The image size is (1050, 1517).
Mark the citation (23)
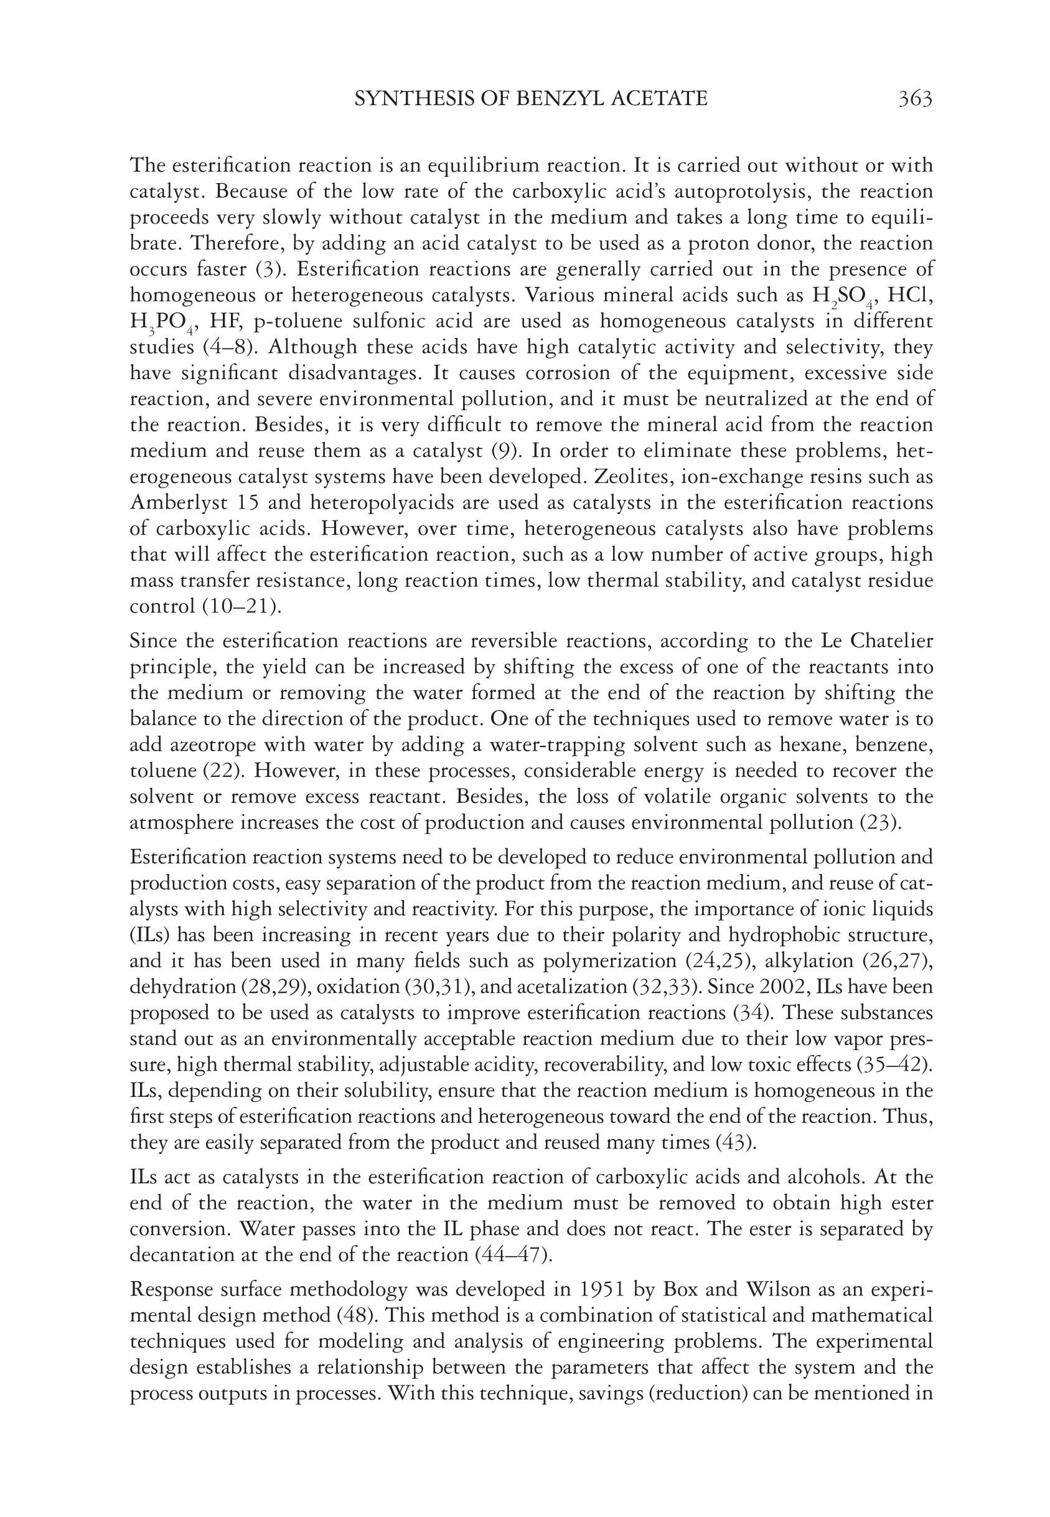tap(881, 822)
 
